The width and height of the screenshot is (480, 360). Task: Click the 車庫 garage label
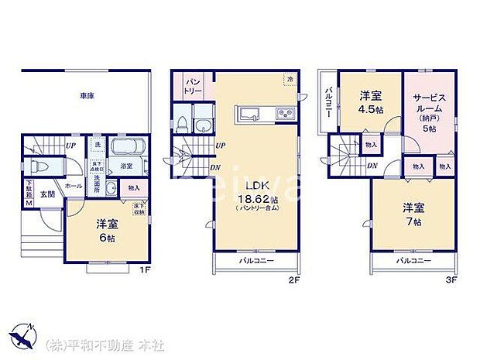tap(86, 96)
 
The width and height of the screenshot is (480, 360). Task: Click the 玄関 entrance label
tap(48, 194)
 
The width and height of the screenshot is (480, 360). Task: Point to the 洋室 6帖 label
tap(106, 230)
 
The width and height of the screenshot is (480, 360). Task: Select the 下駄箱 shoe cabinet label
tap(29, 195)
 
